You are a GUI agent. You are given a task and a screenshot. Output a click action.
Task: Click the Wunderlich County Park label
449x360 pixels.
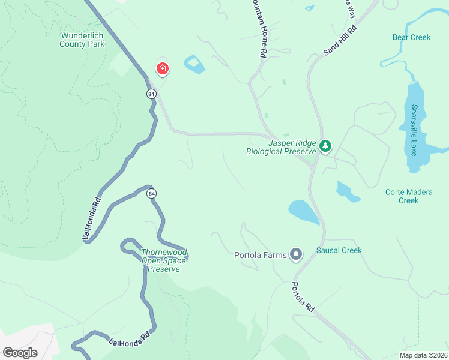[x=82, y=40]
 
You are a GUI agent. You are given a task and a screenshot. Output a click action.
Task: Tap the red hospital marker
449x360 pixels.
[x=162, y=69]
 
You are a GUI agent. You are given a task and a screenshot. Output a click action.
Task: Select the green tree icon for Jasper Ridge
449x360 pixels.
[x=325, y=146]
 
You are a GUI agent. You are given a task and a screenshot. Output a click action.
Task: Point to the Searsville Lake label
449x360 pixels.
[x=414, y=130]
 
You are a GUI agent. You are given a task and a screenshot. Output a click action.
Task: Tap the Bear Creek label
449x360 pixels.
[x=411, y=37]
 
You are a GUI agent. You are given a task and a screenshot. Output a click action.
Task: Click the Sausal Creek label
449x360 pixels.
[x=339, y=250]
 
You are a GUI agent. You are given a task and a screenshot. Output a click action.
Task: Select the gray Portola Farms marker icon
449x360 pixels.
[x=295, y=255]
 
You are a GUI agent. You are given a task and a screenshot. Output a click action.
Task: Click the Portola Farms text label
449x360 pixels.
[x=261, y=255]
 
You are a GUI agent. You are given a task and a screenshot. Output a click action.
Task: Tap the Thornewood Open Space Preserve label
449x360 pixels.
[x=160, y=261]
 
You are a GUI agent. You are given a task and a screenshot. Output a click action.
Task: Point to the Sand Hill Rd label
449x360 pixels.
[x=340, y=40]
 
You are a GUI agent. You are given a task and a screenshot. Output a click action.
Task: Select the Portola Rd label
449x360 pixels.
[x=303, y=296]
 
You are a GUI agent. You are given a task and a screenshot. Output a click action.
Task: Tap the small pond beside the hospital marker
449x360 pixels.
[x=194, y=64]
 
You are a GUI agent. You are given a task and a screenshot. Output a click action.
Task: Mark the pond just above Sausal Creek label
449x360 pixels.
[x=304, y=212]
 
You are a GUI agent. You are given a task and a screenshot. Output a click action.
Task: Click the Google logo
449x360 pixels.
[x=20, y=353]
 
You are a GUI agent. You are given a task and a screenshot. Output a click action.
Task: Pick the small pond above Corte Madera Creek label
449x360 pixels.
[x=347, y=191]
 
